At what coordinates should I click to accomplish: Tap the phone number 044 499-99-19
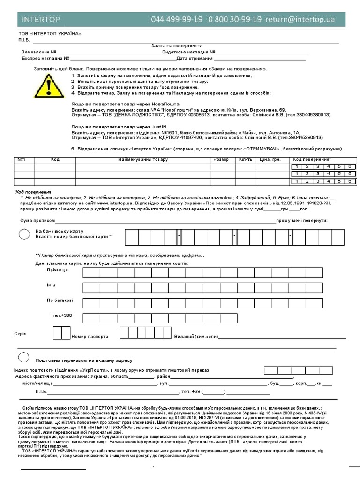click(177, 19)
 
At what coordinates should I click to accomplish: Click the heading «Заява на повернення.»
click(177, 46)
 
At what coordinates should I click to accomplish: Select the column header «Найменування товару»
click(143, 160)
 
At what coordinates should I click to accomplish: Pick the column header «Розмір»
click(221, 160)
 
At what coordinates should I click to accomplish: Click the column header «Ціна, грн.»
click(270, 160)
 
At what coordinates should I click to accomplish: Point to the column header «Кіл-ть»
click(245, 160)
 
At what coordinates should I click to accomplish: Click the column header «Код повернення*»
click(312, 160)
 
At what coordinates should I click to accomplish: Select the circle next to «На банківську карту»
click(23, 234)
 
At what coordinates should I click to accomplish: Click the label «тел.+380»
click(62, 315)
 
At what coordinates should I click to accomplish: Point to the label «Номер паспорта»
click(90, 336)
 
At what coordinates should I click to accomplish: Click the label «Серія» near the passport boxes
click(20, 334)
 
